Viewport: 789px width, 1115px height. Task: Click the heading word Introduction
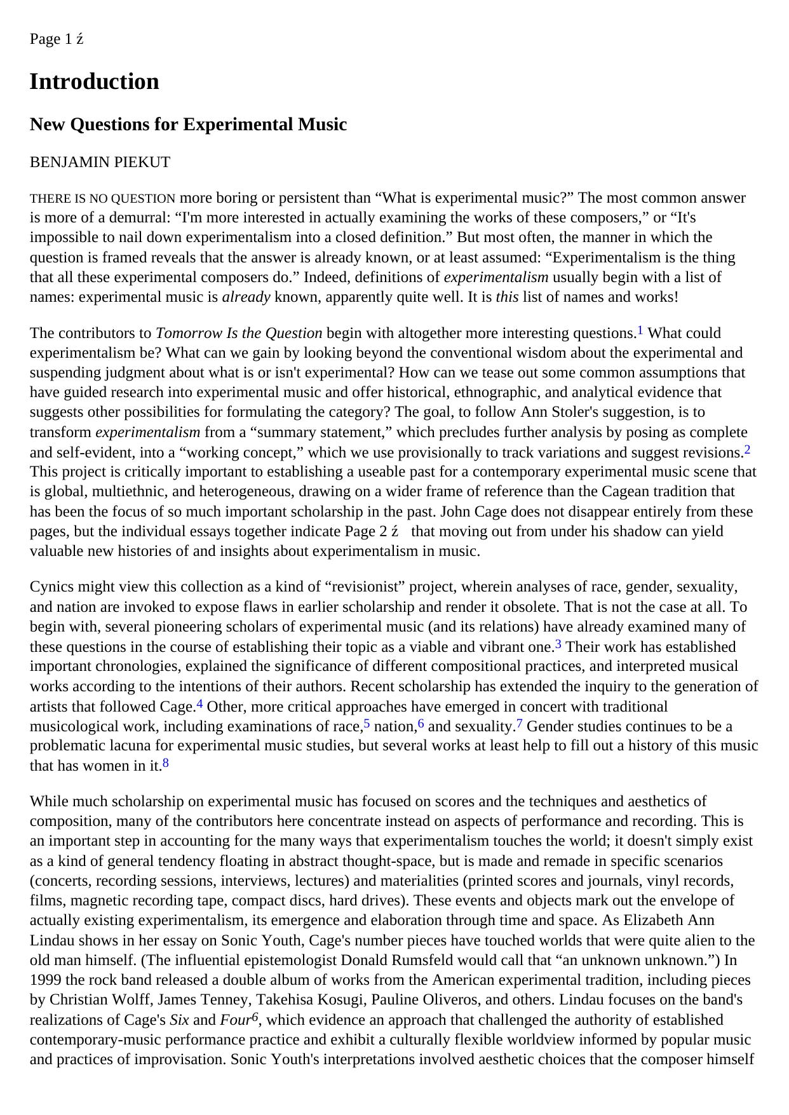point(94,82)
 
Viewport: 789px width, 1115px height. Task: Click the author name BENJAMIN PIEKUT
point(100,163)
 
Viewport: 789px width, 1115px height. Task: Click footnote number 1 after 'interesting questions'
point(640,330)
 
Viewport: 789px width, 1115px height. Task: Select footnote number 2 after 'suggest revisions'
point(748,450)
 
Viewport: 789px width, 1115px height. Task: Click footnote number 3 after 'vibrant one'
point(558,644)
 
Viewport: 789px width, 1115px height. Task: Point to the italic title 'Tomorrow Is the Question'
point(239,334)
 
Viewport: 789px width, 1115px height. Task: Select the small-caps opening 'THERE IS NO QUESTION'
point(102,199)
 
